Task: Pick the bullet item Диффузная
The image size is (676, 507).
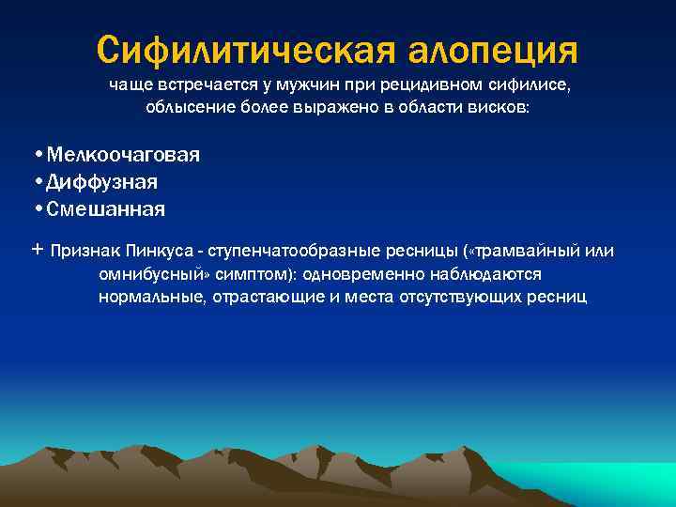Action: tap(102, 181)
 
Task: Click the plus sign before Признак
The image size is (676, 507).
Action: tap(37, 251)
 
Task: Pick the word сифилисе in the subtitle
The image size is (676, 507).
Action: tap(530, 86)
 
